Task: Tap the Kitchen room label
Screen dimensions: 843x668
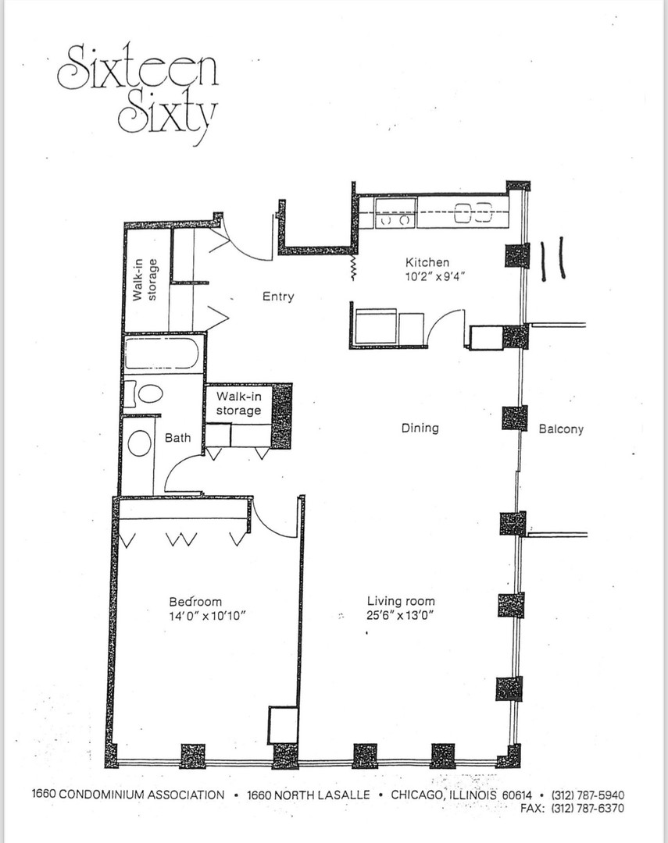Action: [427, 262]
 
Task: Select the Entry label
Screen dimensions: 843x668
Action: [278, 297]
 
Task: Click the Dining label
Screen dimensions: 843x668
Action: [420, 428]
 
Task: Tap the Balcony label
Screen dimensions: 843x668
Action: [561, 429]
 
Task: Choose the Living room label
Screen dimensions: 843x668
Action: [401, 601]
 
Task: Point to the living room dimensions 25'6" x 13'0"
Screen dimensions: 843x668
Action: [401, 615]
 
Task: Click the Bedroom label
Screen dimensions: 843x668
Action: [195, 602]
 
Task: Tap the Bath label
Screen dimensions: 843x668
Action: [177, 438]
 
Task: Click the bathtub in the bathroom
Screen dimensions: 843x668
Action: [163, 353]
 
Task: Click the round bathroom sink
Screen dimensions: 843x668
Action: [139, 443]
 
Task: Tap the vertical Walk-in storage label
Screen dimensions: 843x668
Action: [147, 279]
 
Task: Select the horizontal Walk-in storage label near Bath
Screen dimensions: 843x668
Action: [238, 404]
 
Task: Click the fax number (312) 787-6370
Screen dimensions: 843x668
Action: [588, 808]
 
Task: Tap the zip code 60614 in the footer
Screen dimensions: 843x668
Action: [517, 795]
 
